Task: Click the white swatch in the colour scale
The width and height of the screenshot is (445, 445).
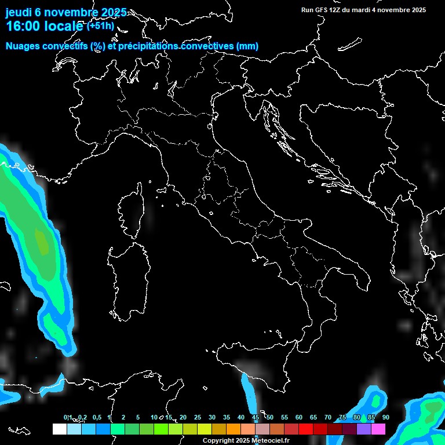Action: [x=59, y=429]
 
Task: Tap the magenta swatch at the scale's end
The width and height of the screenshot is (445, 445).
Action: [x=378, y=429]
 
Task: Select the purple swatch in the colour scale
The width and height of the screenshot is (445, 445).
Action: [x=364, y=429]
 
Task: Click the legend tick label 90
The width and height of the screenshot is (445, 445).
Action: [x=386, y=418]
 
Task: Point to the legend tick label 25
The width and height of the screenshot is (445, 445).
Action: [x=198, y=418]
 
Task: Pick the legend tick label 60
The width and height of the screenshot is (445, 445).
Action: [x=299, y=418]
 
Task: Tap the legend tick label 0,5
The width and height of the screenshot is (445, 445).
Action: [x=97, y=418]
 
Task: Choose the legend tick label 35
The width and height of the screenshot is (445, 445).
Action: [x=227, y=418]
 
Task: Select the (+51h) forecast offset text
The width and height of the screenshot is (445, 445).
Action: [x=101, y=26]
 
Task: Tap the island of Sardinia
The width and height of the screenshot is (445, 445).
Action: [x=127, y=278]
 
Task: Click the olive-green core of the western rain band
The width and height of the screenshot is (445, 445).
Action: [x=41, y=242]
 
